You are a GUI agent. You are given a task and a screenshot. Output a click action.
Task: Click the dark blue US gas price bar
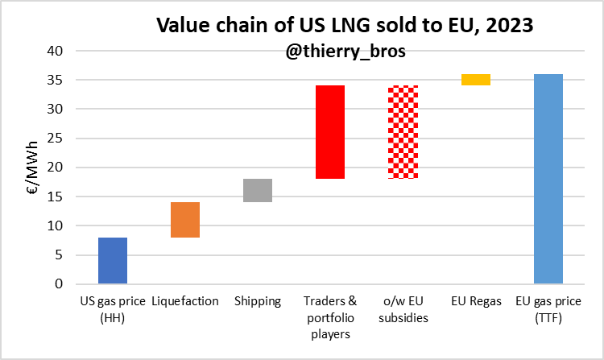click(112, 261)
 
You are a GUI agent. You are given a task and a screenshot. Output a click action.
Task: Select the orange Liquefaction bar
click(184, 220)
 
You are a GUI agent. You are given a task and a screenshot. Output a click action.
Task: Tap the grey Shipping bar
click(258, 190)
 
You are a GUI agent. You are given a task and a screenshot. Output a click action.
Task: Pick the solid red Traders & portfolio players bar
click(330, 132)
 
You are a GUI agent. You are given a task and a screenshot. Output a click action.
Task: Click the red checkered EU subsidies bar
click(403, 132)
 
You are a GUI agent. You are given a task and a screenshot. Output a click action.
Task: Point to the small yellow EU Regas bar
click(475, 79)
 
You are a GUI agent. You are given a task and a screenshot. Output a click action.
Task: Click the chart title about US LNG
click(344, 25)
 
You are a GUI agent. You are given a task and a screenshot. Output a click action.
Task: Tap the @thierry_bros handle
click(344, 49)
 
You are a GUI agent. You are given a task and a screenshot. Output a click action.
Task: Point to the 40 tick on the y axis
click(63, 51)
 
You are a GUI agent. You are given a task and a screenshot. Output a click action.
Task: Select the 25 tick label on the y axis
click(63, 139)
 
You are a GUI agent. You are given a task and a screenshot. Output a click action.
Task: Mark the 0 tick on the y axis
click(67, 284)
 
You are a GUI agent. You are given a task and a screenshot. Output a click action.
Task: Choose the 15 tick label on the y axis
click(63, 197)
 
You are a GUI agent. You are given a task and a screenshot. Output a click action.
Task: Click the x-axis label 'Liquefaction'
click(184, 301)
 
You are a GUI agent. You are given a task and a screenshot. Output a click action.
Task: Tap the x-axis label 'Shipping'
click(258, 301)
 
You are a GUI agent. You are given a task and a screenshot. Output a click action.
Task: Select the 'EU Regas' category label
click(475, 301)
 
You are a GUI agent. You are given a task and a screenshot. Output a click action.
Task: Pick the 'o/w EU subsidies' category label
click(403, 309)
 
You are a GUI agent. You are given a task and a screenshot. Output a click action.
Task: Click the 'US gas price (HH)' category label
click(112, 309)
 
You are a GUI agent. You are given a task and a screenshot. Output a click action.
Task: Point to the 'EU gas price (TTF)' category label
click(548, 309)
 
